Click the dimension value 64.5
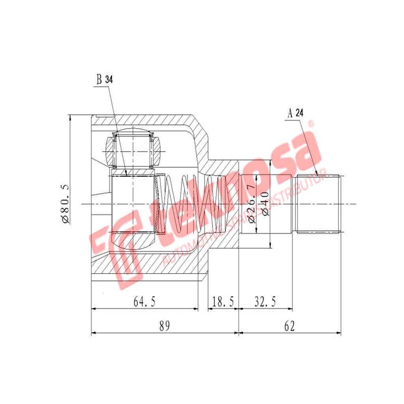pyautogui.click(x=144, y=301)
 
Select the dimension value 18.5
pyautogui.click(x=223, y=301)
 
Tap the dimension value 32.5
pyautogui.click(x=265, y=301)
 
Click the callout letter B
pyautogui.click(x=99, y=79)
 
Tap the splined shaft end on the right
pyautogui.click(x=319, y=204)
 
